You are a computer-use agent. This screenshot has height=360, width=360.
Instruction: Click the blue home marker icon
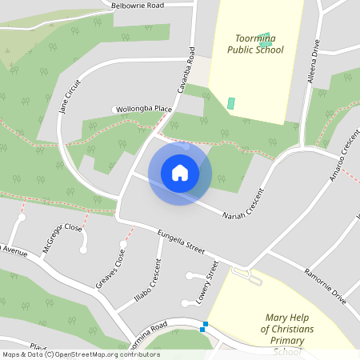[180, 173]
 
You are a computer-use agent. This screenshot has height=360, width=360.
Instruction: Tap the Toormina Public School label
[255, 44]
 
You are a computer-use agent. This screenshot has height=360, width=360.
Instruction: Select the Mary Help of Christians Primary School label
[288, 329]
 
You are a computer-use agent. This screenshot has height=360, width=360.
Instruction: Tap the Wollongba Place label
[144, 109]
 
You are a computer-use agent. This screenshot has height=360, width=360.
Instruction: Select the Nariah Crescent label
[245, 205]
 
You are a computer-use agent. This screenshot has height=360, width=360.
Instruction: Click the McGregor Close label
[62, 237]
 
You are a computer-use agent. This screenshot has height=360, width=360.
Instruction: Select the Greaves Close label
[110, 270]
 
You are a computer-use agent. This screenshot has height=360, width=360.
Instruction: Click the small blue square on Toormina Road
[205, 326]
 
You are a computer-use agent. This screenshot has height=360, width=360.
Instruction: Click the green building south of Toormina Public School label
[231, 103]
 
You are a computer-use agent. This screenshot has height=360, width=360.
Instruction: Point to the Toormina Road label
[146, 330]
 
